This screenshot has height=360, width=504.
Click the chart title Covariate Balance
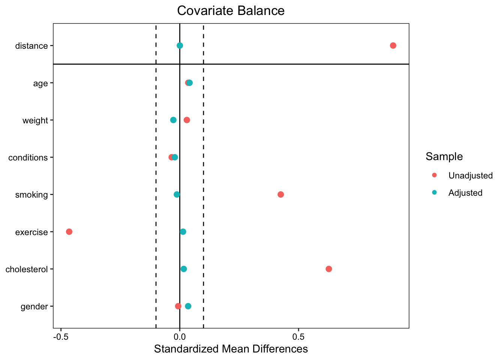coord(231,10)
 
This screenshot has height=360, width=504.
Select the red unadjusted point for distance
coord(393,46)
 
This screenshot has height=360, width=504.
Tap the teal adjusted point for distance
coord(180,46)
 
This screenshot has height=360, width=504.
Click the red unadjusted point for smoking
coord(280,195)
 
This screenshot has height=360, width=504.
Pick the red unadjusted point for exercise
coord(69,232)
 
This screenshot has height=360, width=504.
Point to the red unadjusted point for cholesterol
coord(329,269)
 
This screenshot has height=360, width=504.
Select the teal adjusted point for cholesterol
coord(184,269)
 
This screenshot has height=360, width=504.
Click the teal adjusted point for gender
coord(188,306)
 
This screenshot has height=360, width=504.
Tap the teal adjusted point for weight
coord(173,120)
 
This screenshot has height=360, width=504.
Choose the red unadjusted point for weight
coord(187,120)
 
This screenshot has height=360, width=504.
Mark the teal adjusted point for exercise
coord(183,232)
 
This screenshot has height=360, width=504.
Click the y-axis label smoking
coord(31,195)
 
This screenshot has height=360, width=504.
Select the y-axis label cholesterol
coord(27,270)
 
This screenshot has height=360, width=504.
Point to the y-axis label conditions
coord(28,157)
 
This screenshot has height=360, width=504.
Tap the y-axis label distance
coord(31,46)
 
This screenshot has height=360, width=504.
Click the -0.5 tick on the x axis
coord(61,335)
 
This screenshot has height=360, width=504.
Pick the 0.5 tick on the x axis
coord(298,335)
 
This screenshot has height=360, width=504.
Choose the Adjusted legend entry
coord(465,193)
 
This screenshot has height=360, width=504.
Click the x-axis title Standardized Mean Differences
coord(231,349)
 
